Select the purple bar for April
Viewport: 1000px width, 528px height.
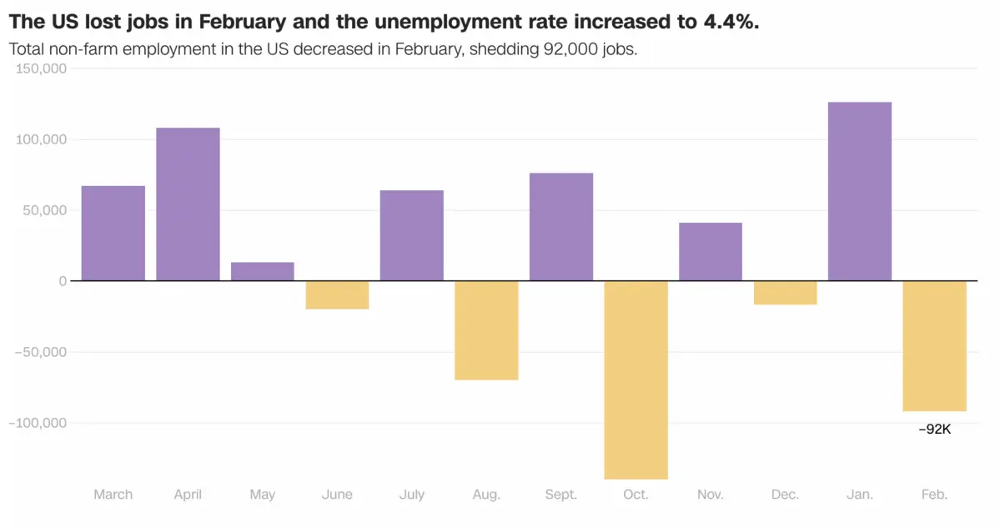click(188, 204)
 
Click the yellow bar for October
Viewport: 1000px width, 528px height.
click(636, 380)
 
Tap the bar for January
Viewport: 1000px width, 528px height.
click(859, 191)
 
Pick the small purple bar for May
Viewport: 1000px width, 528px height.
click(262, 272)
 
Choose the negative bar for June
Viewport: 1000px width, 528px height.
click(337, 295)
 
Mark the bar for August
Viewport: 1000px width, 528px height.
click(486, 330)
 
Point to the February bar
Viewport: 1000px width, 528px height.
click(934, 345)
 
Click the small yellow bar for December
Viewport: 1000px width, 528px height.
click(785, 293)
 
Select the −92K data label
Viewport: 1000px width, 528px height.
click(934, 430)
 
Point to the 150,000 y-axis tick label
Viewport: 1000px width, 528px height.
click(41, 69)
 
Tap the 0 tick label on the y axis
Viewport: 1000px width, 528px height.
click(63, 281)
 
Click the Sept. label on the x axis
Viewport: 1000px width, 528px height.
click(560, 495)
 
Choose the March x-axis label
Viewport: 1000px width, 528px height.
click(113, 495)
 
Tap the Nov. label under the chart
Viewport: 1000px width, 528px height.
click(710, 495)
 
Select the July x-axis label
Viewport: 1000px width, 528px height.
click(411, 495)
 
